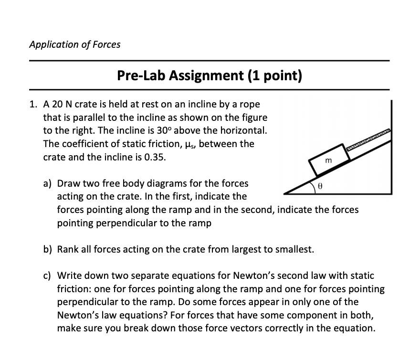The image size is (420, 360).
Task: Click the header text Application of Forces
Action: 74,44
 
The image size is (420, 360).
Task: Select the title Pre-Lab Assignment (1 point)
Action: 210,75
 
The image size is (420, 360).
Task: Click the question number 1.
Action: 32,104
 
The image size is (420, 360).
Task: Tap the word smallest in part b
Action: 294,249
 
